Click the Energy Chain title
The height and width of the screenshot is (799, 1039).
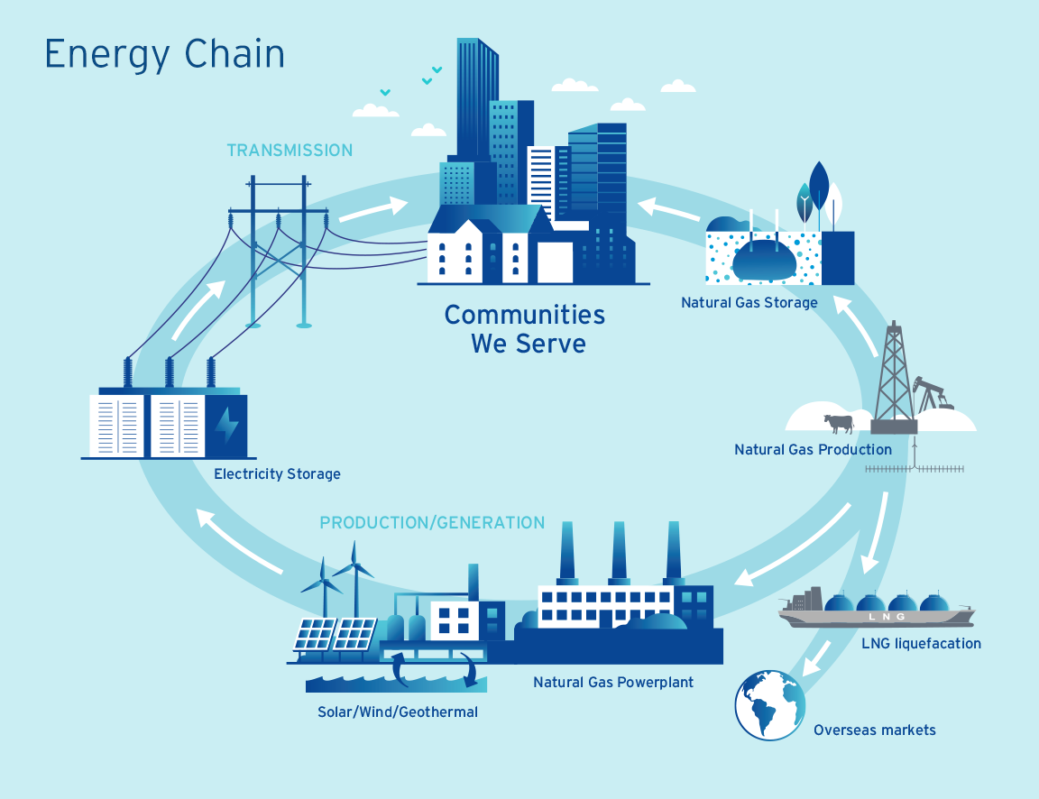(x=165, y=55)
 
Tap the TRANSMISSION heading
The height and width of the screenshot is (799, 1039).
(x=290, y=150)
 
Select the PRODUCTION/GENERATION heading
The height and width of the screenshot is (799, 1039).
(x=432, y=523)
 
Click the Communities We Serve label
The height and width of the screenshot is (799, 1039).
(x=525, y=328)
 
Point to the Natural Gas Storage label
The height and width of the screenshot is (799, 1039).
(x=749, y=303)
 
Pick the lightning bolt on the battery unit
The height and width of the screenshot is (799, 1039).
(x=226, y=423)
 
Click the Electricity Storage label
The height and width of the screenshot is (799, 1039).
(x=277, y=473)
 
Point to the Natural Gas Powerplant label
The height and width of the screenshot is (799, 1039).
(x=613, y=682)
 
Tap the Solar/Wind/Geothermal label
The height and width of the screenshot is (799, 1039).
(x=398, y=712)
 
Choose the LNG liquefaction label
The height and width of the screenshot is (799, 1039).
(x=921, y=644)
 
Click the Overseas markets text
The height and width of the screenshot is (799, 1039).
(x=874, y=730)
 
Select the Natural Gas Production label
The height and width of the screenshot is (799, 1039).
(x=813, y=449)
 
